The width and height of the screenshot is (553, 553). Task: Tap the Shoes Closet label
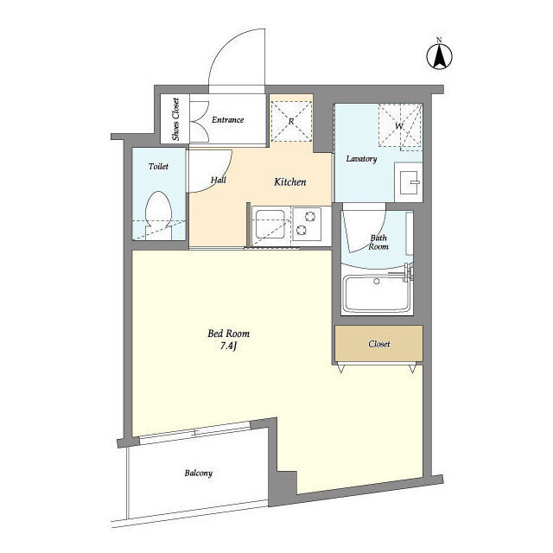point(175,119)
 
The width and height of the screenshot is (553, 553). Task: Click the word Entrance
point(228,120)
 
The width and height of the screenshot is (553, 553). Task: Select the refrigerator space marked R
point(291,121)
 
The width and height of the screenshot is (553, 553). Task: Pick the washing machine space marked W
point(400,125)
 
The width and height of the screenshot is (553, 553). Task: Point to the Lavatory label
point(361,159)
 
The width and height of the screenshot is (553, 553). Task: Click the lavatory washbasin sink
point(409,182)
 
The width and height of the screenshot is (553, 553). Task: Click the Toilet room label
point(158,166)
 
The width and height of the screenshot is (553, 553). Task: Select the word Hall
point(219,180)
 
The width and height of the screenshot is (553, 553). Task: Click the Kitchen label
point(290,182)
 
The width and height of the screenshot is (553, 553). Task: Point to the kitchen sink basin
point(270,224)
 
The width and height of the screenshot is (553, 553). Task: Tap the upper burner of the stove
point(310,217)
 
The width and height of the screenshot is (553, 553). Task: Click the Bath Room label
point(378,242)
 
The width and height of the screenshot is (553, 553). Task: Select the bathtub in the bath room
point(377,294)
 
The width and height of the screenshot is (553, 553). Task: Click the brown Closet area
point(378,344)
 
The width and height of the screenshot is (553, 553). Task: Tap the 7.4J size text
point(228,346)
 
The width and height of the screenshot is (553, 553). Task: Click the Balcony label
point(199,473)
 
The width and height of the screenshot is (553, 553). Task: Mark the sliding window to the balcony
point(195,432)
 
